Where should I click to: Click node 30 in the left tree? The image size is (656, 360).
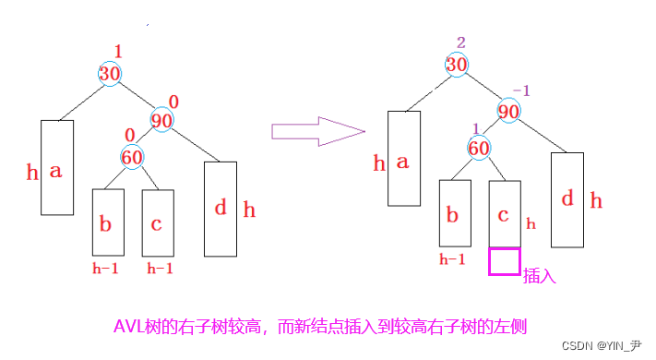[109, 74]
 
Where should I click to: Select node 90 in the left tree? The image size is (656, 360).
[161, 120]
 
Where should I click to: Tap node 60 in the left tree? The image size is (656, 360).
[132, 157]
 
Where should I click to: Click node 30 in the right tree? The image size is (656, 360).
[457, 65]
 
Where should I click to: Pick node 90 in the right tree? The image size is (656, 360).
[508, 110]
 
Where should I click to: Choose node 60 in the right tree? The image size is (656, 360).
[478, 148]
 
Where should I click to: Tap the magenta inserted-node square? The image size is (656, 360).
[504, 261]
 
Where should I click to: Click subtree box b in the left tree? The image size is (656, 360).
[107, 222]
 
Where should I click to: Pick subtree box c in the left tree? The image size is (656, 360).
[157, 222]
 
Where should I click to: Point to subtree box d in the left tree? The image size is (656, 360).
[220, 208]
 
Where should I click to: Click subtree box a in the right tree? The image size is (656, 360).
[403, 159]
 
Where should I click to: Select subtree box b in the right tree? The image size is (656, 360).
[454, 214]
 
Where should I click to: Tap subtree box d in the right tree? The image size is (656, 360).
[567, 198]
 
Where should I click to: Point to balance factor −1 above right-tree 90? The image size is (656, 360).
[522, 90]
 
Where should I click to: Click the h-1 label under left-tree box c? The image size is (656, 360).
[160, 269]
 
